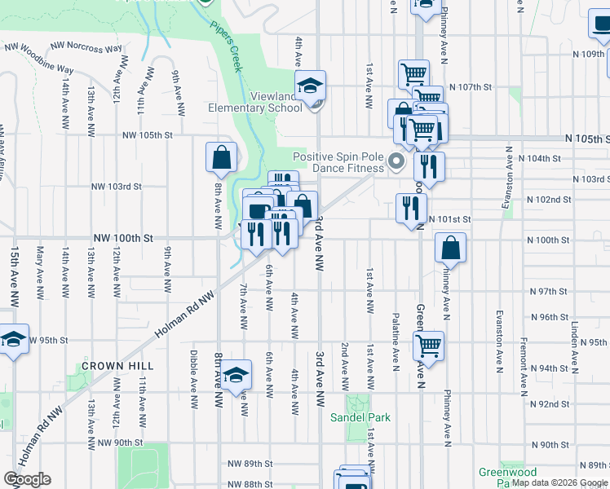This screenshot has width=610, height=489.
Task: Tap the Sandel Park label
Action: (x=360, y=417)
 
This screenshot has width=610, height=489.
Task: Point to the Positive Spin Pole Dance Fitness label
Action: (x=338, y=162)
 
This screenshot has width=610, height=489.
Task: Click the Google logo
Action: (x=27, y=479)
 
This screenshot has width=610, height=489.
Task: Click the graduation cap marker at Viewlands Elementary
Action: (x=310, y=86)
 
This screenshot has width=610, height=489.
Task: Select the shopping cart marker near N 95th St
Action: (x=428, y=346)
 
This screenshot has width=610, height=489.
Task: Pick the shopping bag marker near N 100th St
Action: (x=450, y=248)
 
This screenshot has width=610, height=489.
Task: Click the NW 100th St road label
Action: (x=123, y=238)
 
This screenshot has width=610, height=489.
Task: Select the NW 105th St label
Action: (x=148, y=135)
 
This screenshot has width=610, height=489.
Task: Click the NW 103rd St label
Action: (x=117, y=186)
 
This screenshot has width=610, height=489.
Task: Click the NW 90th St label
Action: (x=120, y=443)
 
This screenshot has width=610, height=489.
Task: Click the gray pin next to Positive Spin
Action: (x=396, y=161)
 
